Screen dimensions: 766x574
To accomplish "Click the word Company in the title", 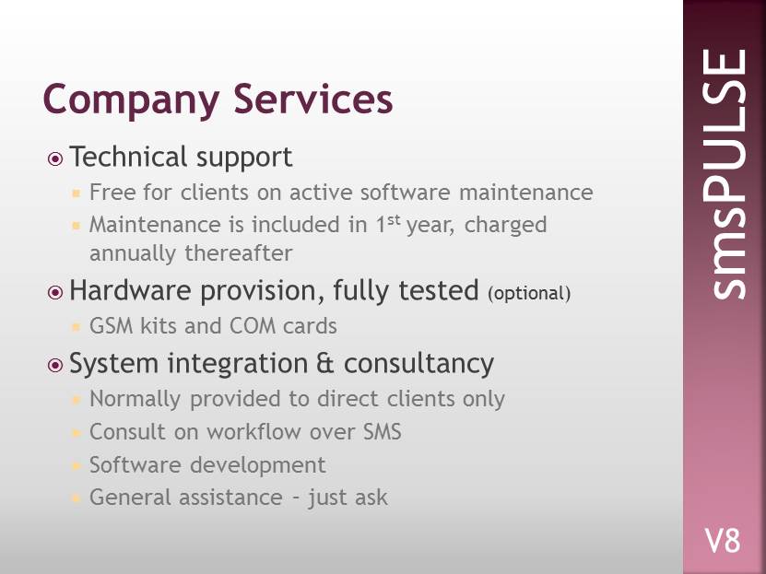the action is click(131, 100).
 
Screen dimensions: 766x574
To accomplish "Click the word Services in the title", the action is click(313, 99).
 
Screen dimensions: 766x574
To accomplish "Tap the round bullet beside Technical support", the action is click(55, 159).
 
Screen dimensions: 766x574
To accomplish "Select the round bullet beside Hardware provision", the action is click(55, 292).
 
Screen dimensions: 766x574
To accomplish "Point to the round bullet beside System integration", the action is click(55, 365).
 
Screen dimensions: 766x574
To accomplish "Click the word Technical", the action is click(128, 157).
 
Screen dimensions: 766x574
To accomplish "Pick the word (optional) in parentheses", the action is click(529, 293).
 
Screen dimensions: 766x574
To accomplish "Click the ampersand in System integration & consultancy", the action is click(325, 364).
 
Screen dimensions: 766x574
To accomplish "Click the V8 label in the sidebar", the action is click(723, 541).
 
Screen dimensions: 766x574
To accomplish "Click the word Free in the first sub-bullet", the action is click(112, 193).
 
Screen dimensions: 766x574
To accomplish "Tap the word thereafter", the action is click(239, 253).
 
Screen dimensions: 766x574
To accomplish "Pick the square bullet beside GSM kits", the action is click(76, 326).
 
